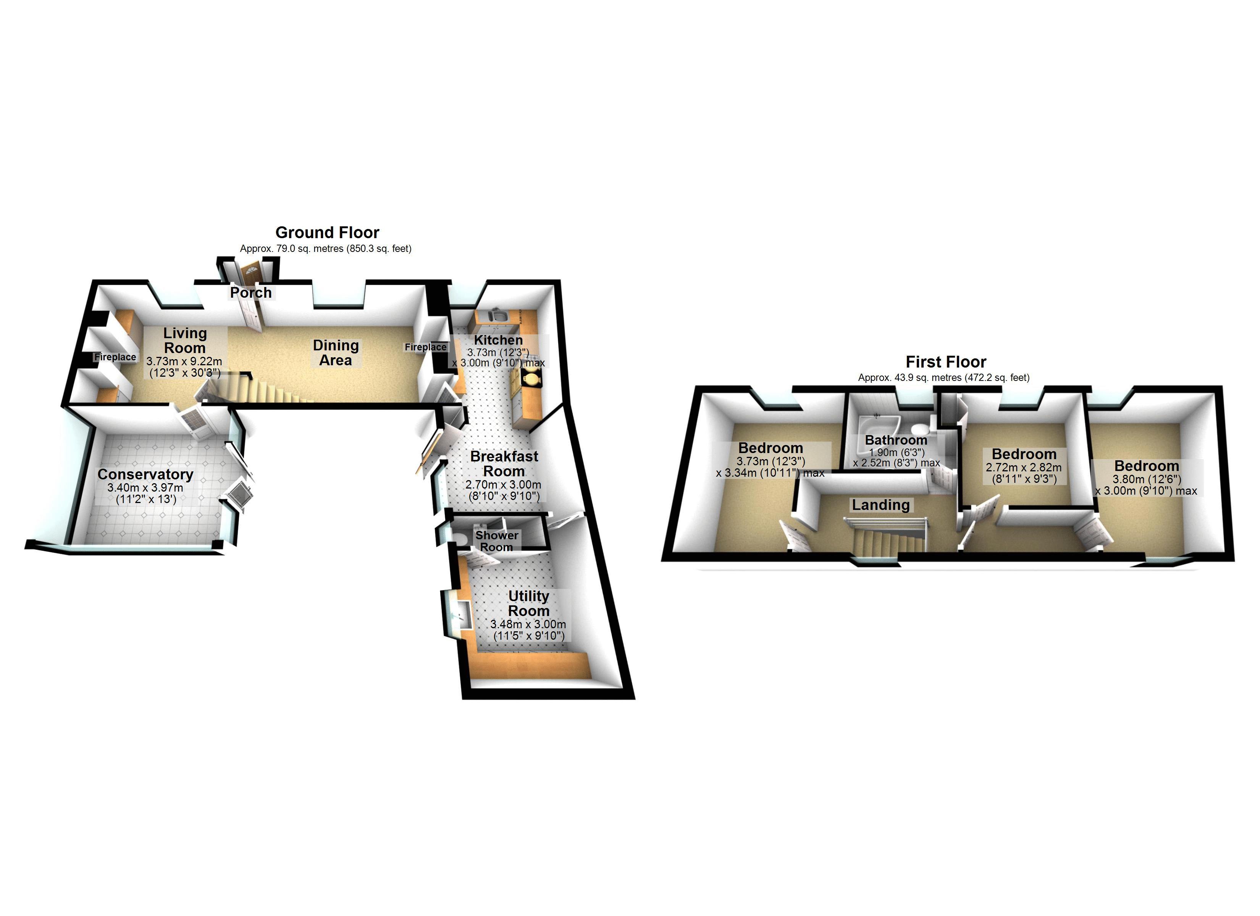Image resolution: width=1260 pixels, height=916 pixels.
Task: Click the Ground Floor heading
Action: coord(327,232)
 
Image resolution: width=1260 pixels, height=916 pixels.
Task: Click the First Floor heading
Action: coord(945,361)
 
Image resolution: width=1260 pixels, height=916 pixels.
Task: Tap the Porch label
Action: coord(250,293)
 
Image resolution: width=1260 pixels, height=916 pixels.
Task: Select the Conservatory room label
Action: coord(145,474)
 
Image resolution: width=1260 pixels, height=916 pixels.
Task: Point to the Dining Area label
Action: coord(336,353)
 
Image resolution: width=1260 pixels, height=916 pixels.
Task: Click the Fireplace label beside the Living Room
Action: coord(115,357)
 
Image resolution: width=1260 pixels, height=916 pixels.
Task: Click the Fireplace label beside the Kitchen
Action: coord(425,347)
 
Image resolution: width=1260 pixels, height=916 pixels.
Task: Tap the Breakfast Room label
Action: coord(504,464)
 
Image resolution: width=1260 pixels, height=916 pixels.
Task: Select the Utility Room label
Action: coord(528,603)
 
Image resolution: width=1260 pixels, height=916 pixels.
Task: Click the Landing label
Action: coord(880,505)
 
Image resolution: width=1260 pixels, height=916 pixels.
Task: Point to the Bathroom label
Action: coord(896,440)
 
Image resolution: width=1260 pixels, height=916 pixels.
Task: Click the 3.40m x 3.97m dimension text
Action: coord(145,488)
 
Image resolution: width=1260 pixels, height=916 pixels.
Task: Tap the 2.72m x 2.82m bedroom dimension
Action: coord(1023,468)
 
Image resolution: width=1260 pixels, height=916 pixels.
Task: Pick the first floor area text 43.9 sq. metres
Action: coord(943,378)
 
